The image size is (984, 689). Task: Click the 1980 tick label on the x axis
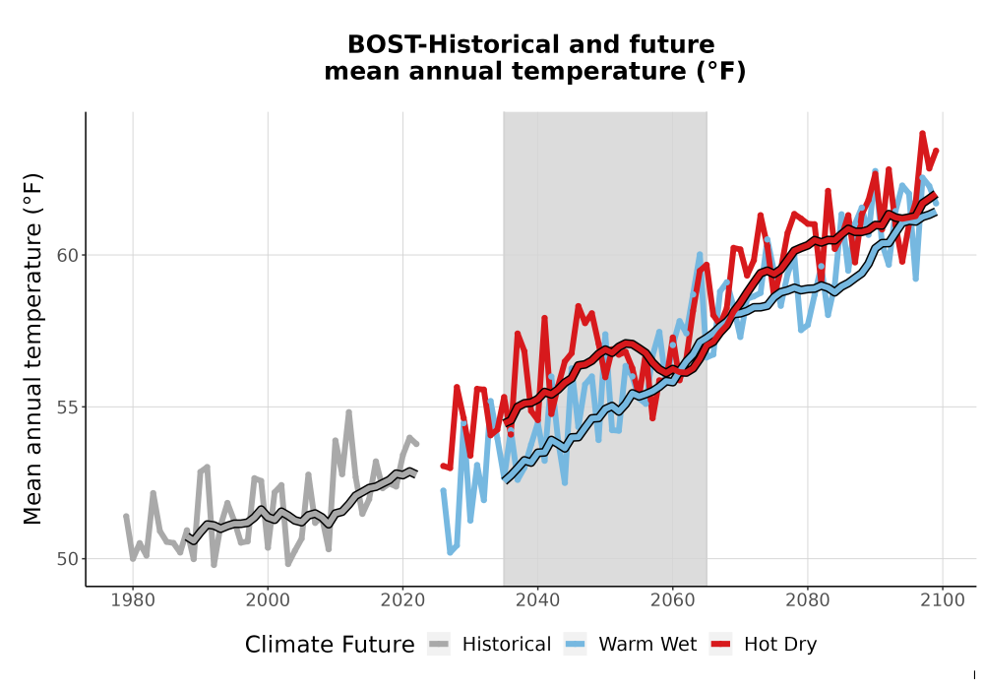[133, 599]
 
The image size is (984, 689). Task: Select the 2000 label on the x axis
[268, 599]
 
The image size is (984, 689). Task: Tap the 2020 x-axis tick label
[402, 599]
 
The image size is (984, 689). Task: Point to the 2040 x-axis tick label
[538, 599]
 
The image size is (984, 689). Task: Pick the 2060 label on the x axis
[673, 599]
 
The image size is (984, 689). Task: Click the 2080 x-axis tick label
[808, 599]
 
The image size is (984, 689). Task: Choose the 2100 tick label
[943, 599]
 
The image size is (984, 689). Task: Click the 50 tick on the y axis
[67, 558]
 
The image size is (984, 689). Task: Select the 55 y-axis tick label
[67, 407]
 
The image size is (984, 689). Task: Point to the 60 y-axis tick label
[67, 255]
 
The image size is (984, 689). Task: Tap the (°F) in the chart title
[720, 71]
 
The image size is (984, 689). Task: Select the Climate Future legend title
[330, 645]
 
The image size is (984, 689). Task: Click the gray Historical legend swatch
[439, 644]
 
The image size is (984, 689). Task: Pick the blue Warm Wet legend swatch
[575, 644]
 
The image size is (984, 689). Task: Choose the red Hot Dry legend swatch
[721, 644]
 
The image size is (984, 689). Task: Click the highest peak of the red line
[922, 133]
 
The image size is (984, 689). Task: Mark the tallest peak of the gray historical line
[348, 412]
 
